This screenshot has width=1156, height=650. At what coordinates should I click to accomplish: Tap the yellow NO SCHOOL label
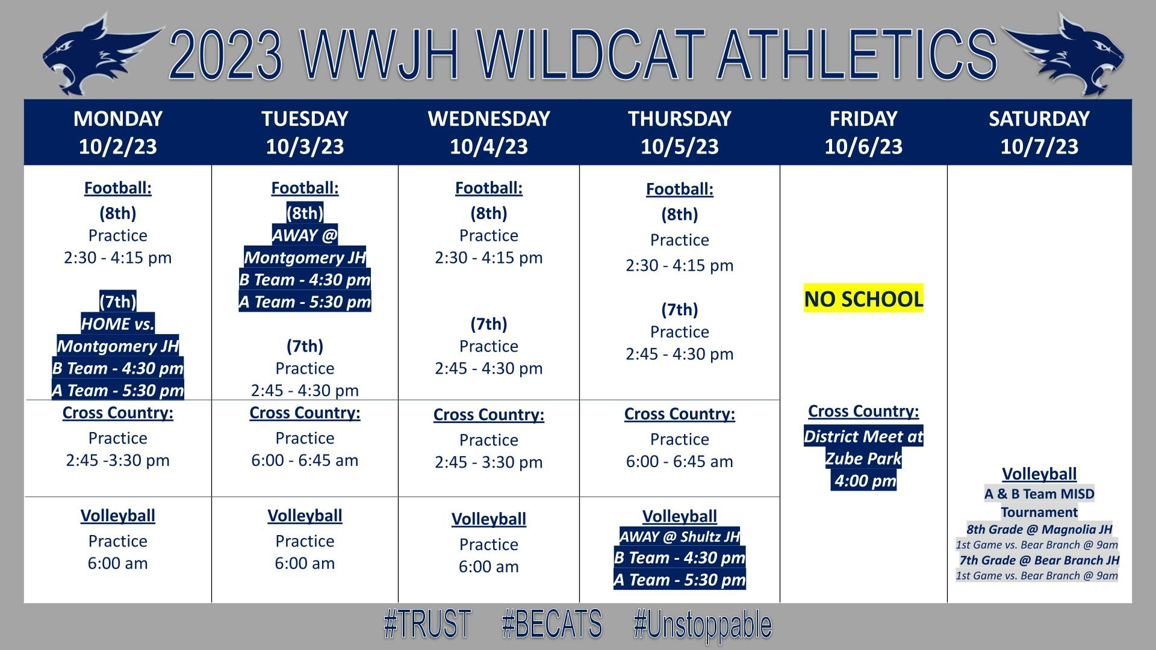863,299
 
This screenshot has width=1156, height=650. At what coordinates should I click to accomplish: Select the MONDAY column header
118,119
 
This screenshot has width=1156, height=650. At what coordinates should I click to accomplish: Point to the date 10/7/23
1039,146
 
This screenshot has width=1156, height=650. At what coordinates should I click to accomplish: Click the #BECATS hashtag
552,624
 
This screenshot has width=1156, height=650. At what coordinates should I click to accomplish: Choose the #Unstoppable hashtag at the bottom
703,625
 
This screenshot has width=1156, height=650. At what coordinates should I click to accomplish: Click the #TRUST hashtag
427,624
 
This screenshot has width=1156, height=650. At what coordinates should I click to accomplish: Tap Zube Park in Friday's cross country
863,459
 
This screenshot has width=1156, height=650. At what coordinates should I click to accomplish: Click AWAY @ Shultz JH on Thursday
679,537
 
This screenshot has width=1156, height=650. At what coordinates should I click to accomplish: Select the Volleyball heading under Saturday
1039,474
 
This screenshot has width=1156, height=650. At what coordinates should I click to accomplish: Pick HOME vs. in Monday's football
118,324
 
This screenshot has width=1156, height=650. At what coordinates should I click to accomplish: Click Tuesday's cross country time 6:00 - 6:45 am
305,460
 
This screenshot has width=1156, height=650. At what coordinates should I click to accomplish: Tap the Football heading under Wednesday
489,188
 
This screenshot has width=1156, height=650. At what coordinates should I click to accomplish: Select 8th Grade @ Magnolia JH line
1039,530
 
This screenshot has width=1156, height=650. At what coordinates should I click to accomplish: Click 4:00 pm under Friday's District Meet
865,481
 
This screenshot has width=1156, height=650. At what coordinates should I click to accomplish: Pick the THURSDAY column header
680,119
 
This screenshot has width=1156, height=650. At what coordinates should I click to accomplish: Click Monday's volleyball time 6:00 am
118,563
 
